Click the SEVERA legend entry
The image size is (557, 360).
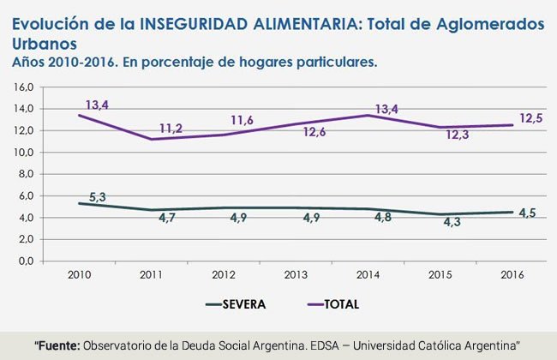click(236, 303)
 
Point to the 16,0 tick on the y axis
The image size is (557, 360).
click(23, 87)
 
